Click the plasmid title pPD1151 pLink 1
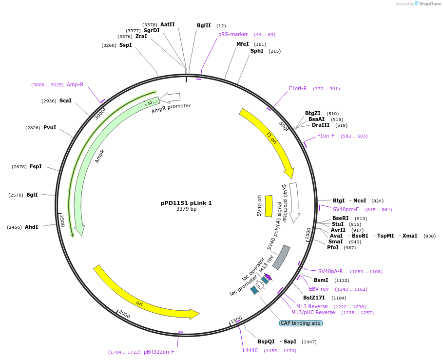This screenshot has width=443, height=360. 186,203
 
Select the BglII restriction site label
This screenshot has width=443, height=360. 204,25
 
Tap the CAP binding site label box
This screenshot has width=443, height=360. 301,323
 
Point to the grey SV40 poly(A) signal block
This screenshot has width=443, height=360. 281,257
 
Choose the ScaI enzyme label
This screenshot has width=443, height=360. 65,101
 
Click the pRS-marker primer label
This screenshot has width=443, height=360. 233,35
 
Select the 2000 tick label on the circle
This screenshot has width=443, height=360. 125,315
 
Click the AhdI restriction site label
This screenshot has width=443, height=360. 31,227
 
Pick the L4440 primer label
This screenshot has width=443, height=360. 250,350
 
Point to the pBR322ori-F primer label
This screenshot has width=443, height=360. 159,352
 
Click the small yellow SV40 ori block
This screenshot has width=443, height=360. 269,206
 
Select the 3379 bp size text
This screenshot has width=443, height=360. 186,209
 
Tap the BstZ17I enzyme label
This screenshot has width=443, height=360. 314,298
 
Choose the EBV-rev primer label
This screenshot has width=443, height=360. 319,289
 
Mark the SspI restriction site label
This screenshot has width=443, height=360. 125,45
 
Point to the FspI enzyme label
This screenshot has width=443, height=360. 36,166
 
